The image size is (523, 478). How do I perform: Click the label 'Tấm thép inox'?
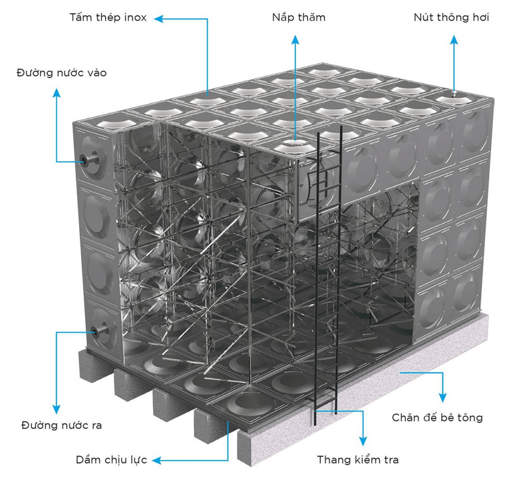point(108,18)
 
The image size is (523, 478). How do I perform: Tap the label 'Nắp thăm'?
point(299,18)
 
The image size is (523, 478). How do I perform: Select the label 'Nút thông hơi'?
point(451,18)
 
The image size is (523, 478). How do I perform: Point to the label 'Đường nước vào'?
point(61,73)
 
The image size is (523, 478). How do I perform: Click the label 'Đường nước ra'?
point(61,425)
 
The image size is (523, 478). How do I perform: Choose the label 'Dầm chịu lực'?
point(111,460)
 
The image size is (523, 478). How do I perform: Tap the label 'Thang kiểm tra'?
point(358,460)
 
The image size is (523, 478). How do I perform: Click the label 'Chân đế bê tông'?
point(437,417)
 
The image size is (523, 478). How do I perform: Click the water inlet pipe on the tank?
point(90,162)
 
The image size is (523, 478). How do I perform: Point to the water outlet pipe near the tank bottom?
point(99,332)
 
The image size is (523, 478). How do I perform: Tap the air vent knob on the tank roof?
point(454,94)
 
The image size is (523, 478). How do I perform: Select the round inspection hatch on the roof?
point(295,143)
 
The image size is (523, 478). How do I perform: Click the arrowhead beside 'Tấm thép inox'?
point(159,19)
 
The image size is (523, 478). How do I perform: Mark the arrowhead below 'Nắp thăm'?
point(295,40)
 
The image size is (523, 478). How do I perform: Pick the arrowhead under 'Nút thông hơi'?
point(454,40)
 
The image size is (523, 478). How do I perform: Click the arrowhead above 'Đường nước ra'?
point(57,409)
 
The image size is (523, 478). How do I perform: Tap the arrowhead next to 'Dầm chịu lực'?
point(157,460)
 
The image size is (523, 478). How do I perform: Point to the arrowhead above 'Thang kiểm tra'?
point(363,441)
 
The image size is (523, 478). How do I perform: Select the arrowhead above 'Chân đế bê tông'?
point(443,398)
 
